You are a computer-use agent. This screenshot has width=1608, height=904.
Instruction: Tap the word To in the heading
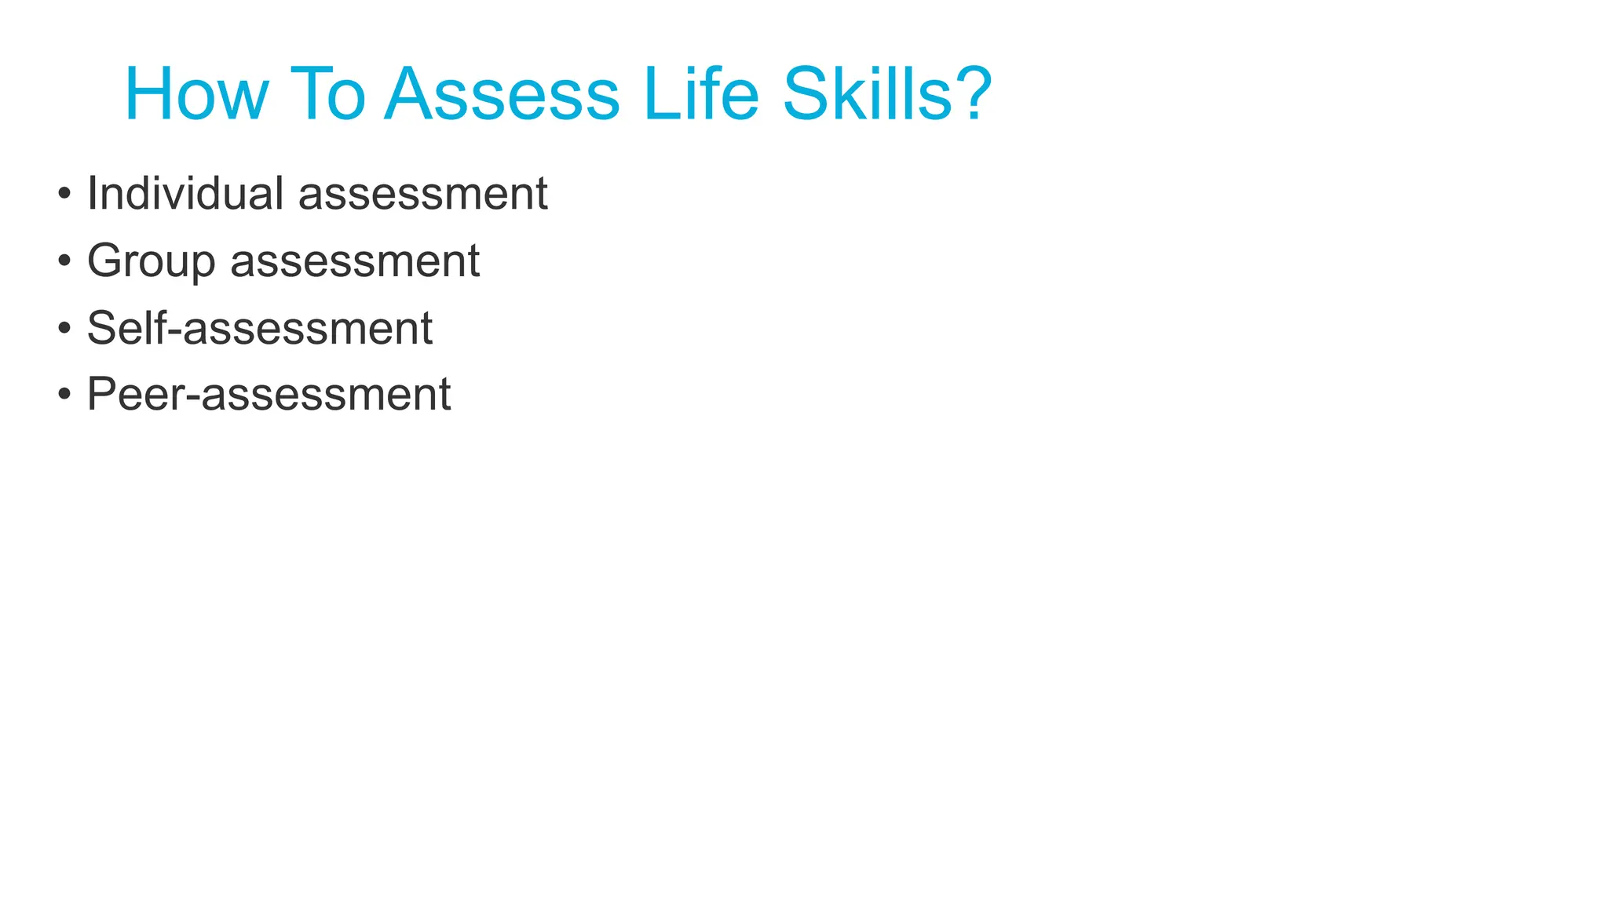[327, 95]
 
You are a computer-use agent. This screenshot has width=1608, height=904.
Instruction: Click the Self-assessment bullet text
[259, 328]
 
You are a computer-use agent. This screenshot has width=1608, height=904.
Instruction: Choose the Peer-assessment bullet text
[269, 395]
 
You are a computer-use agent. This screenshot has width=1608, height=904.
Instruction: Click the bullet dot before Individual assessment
[64, 194]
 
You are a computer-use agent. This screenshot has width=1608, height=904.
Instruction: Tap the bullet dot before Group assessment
[64, 261]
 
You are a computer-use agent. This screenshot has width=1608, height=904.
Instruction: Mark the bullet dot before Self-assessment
[64, 328]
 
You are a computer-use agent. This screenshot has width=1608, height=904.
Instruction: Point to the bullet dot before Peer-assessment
[64, 395]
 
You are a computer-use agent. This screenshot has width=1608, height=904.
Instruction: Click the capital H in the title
[149, 95]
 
